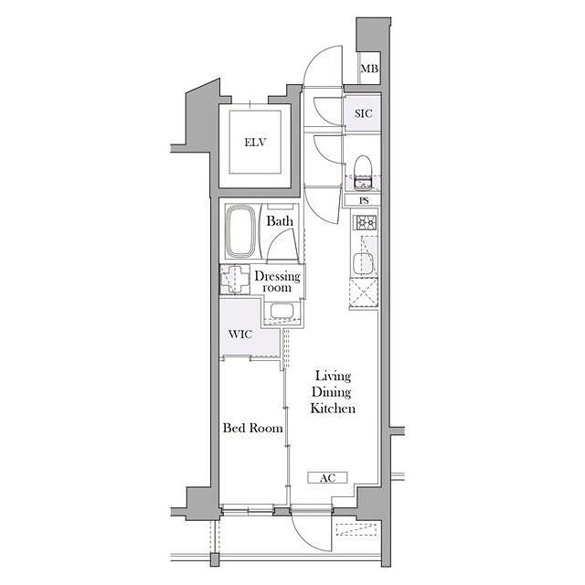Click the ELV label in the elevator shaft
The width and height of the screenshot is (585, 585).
(255, 143)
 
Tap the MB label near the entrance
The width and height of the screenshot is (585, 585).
(369, 69)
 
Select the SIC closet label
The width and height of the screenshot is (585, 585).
(364, 113)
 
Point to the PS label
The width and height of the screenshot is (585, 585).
(364, 200)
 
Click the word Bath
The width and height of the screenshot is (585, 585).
(280, 221)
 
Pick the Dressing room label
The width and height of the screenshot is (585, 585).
(277, 282)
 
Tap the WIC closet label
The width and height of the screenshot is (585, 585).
(240, 334)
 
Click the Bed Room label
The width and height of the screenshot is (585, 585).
(252, 428)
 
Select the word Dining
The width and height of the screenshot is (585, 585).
(332, 392)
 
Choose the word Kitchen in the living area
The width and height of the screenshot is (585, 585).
(333, 409)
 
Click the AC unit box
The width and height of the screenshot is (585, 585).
(327, 477)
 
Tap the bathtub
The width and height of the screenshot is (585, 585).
(240, 231)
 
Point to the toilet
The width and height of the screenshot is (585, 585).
(363, 173)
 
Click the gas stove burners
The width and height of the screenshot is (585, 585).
(367, 223)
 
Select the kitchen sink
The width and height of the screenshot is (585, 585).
(363, 264)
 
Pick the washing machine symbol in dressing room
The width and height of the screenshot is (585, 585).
(235, 279)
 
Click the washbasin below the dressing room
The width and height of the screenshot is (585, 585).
(282, 311)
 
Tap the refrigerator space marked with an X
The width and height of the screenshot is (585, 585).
(364, 293)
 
